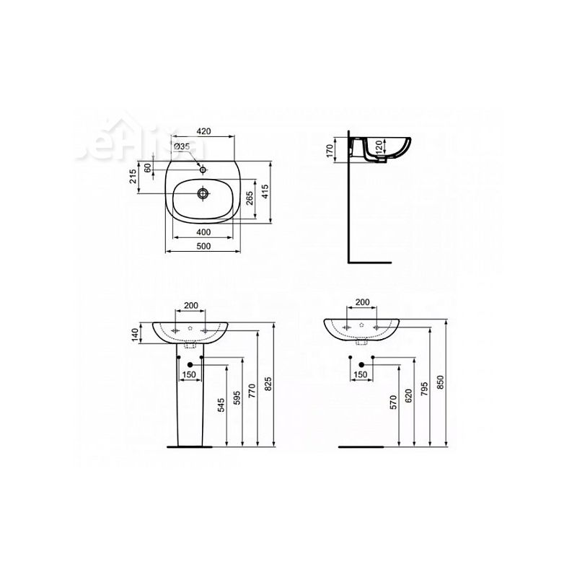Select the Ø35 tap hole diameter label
pyautogui.click(x=181, y=146)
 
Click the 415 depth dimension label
pyautogui.click(x=266, y=191)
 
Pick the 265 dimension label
pyautogui.click(x=249, y=198)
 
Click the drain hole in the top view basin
pyautogui.click(x=204, y=193)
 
